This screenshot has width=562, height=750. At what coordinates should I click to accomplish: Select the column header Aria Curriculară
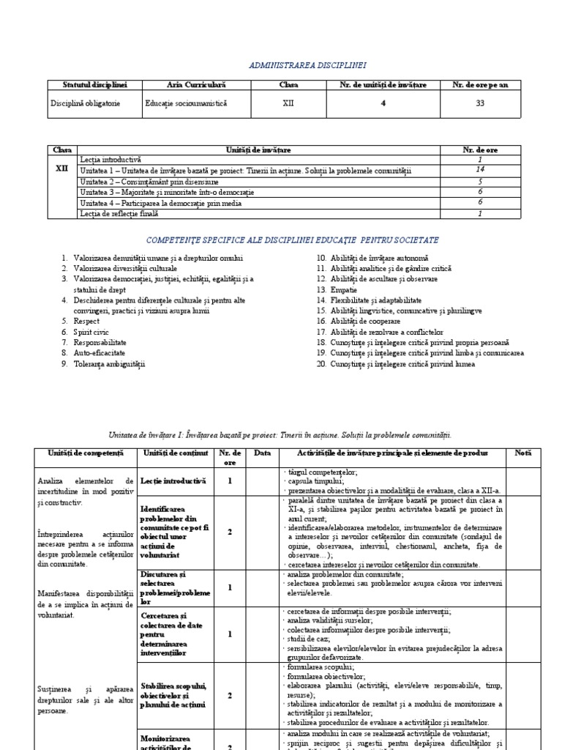(x=196, y=85)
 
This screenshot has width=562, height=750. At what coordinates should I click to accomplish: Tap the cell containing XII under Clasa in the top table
(x=288, y=103)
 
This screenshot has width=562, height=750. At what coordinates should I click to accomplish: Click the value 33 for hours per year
(x=480, y=103)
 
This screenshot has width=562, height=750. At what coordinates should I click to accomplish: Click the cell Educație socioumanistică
(x=187, y=103)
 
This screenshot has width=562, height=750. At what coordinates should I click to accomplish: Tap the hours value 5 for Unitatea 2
(x=480, y=181)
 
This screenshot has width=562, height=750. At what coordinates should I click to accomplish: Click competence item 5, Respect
(x=86, y=321)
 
